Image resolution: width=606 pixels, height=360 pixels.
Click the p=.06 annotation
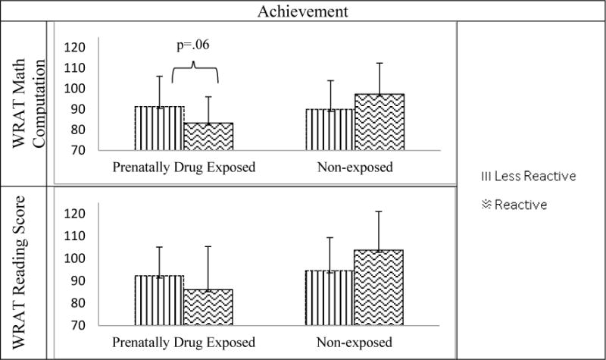coord(192,45)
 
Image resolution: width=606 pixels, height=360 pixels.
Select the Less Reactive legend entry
coord(529,177)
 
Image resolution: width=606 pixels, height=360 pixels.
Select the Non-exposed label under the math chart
coord(355,167)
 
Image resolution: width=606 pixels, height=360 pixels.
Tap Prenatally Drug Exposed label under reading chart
coord(183,341)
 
